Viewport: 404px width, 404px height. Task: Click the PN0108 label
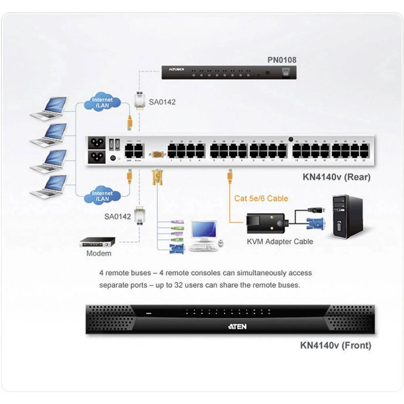click(282, 60)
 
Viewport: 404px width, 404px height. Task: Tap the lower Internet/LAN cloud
click(103, 196)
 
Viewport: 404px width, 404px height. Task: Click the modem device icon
click(97, 242)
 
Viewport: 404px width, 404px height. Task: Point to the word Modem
click(99, 254)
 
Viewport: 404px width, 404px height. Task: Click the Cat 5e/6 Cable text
click(261, 198)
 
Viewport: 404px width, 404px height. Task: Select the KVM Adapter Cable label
click(280, 242)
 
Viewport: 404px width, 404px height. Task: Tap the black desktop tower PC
click(347, 217)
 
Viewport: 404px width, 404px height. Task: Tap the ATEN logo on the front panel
click(237, 326)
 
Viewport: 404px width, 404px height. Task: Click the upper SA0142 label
click(162, 102)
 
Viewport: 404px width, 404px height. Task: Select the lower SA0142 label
click(118, 217)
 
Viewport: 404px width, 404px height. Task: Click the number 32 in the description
click(179, 285)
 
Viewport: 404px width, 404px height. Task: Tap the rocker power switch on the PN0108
click(285, 72)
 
